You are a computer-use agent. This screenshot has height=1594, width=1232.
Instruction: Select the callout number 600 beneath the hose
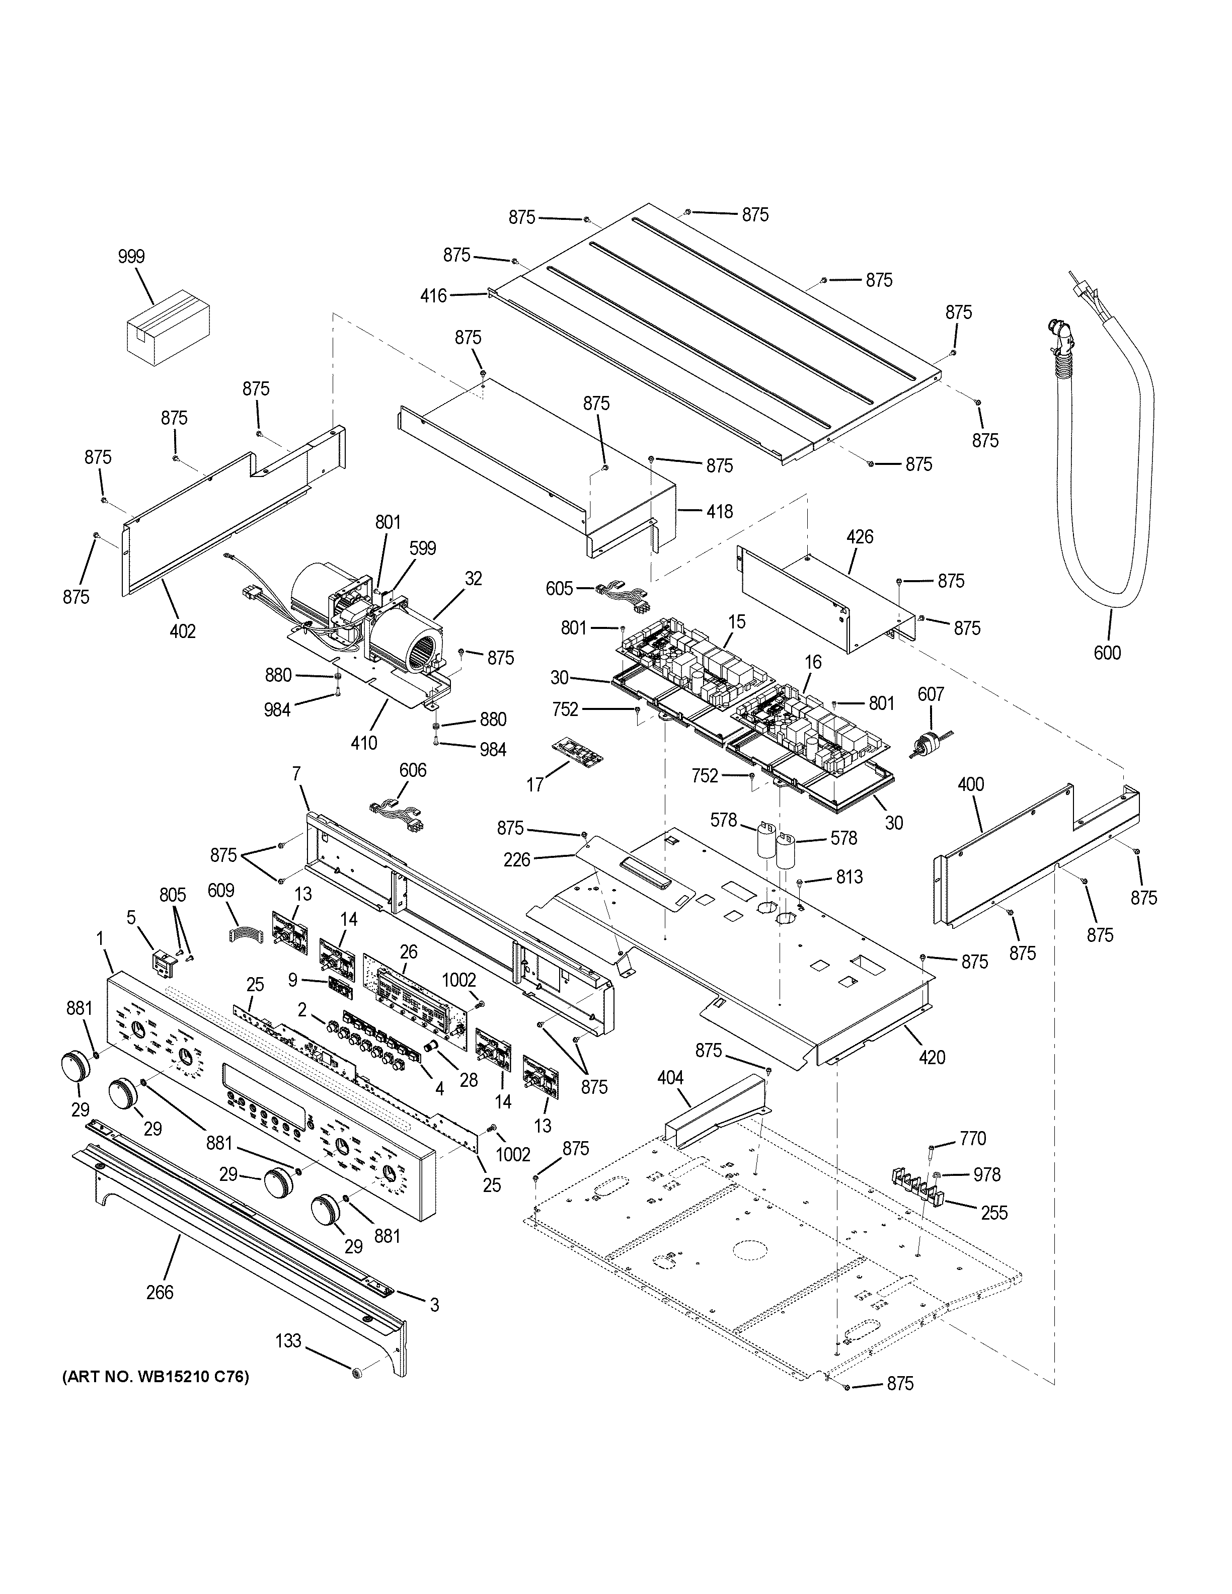pyautogui.click(x=1107, y=653)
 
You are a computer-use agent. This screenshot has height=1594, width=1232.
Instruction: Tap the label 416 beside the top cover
pyautogui.click(x=433, y=295)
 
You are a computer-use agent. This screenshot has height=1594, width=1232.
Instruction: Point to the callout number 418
pyautogui.click(x=719, y=512)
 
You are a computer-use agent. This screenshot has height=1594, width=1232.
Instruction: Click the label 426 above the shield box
pyautogui.click(x=860, y=537)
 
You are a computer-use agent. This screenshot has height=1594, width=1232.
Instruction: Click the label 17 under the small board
pyautogui.click(x=535, y=784)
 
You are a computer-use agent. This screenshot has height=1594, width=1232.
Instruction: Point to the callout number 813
pyautogui.click(x=849, y=876)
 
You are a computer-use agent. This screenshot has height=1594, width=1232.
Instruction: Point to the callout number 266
pyautogui.click(x=159, y=1292)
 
